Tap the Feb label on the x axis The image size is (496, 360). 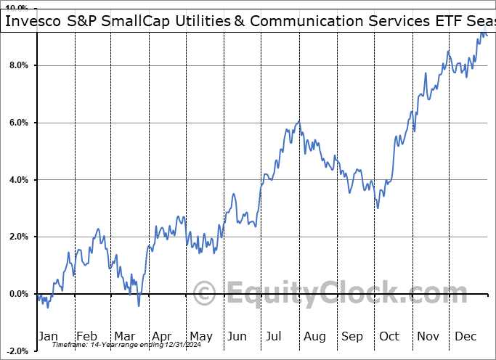coord(88,336)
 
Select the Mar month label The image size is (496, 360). coord(125,336)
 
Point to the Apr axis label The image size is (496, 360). coord(162,336)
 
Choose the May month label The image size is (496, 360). coord(200,336)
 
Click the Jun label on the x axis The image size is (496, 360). coord(237,336)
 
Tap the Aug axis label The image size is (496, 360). coord(314,336)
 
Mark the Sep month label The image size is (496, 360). coord(352,336)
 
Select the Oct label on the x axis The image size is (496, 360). coord(389,336)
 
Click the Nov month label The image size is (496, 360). coord(428,336)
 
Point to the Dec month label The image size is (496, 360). coord(465,336)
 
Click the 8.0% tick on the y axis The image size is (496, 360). coord(15,66)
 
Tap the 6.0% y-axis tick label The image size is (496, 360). coord(15,123)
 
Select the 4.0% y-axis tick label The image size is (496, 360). coord(15,180)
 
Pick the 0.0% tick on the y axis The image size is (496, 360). coord(15,294)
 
